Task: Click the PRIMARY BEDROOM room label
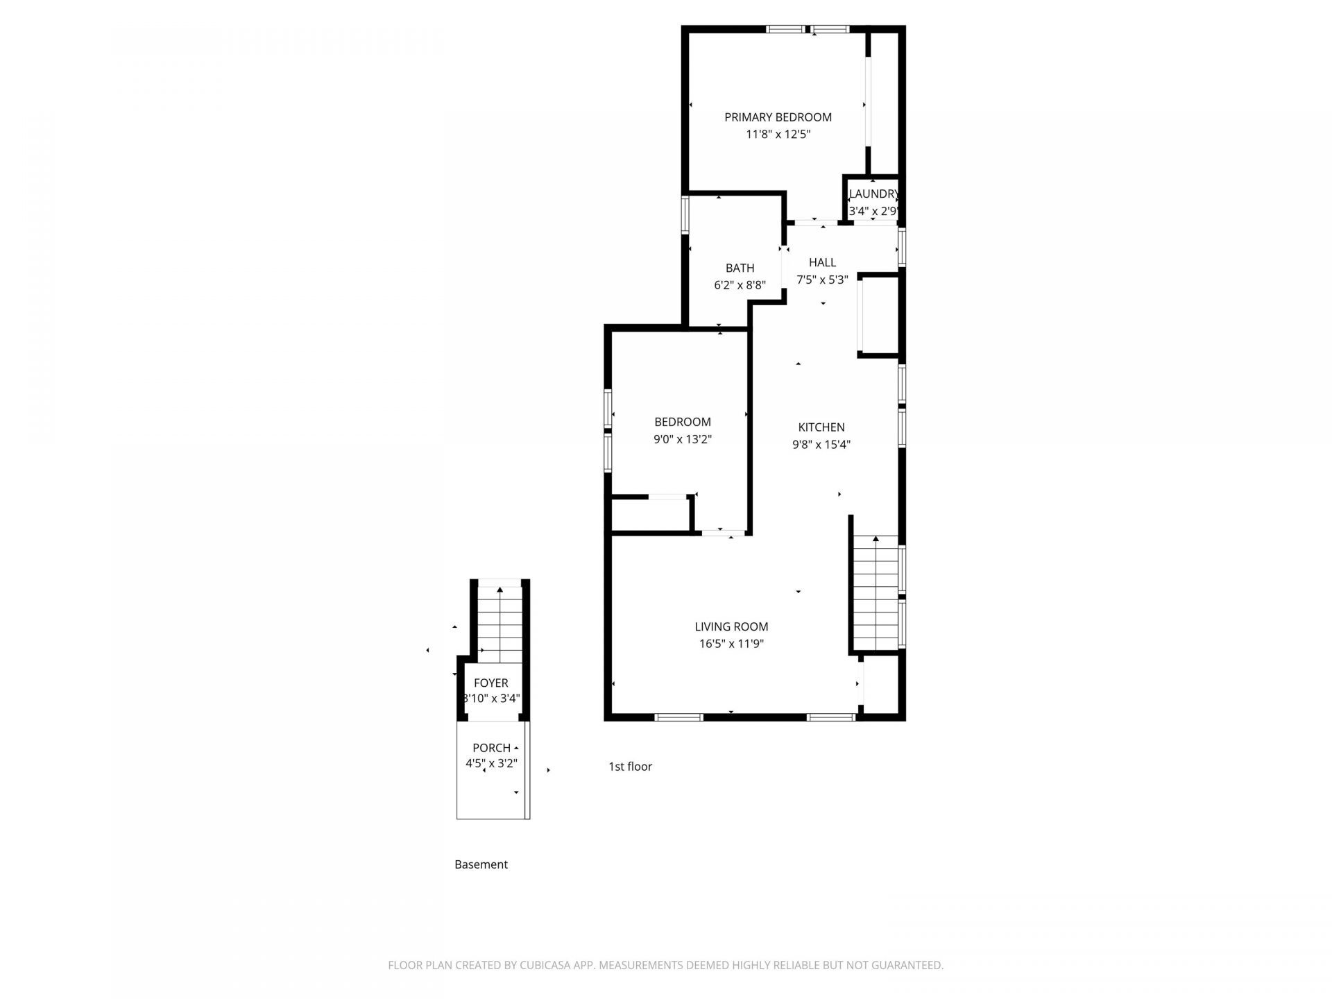click(778, 117)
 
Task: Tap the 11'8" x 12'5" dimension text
click(778, 135)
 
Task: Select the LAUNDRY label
click(874, 194)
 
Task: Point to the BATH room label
click(740, 268)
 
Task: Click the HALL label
click(822, 262)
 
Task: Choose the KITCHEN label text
click(821, 427)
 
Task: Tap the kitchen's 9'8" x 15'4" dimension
click(821, 445)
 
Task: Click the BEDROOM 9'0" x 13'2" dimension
click(683, 439)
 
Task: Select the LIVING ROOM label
click(731, 626)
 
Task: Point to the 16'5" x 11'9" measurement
click(731, 644)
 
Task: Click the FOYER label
click(491, 683)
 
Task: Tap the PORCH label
click(491, 748)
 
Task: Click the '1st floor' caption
click(631, 767)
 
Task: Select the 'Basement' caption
click(481, 864)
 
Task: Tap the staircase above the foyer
click(499, 621)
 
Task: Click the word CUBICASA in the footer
click(547, 965)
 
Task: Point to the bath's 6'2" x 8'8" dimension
click(740, 285)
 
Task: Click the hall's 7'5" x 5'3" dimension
click(822, 280)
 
